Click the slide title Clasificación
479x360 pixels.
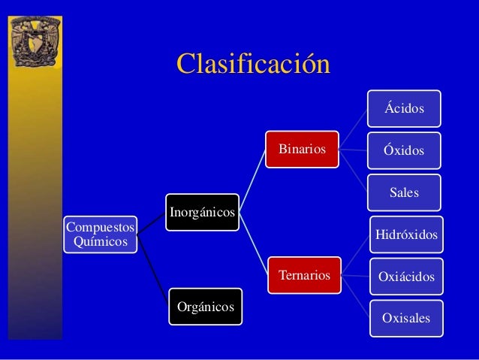click(x=253, y=64)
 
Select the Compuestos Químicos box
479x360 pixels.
click(x=101, y=234)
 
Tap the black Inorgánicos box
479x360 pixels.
click(x=202, y=213)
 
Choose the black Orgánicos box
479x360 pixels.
click(x=205, y=307)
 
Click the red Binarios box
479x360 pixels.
click(x=302, y=149)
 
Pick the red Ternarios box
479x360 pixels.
click(x=304, y=276)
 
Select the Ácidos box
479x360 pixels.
click(x=404, y=109)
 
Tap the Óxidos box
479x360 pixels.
click(x=404, y=150)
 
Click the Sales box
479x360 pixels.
click(x=404, y=193)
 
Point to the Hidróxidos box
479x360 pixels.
click(x=406, y=234)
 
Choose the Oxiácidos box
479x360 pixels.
click(x=406, y=277)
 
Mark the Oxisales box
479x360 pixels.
click(x=406, y=318)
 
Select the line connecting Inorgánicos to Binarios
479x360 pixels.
click(x=252, y=180)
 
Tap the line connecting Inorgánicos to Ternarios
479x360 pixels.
click(x=253, y=244)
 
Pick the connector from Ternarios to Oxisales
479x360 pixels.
click(x=355, y=296)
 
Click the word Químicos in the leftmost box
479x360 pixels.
click(x=101, y=242)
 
